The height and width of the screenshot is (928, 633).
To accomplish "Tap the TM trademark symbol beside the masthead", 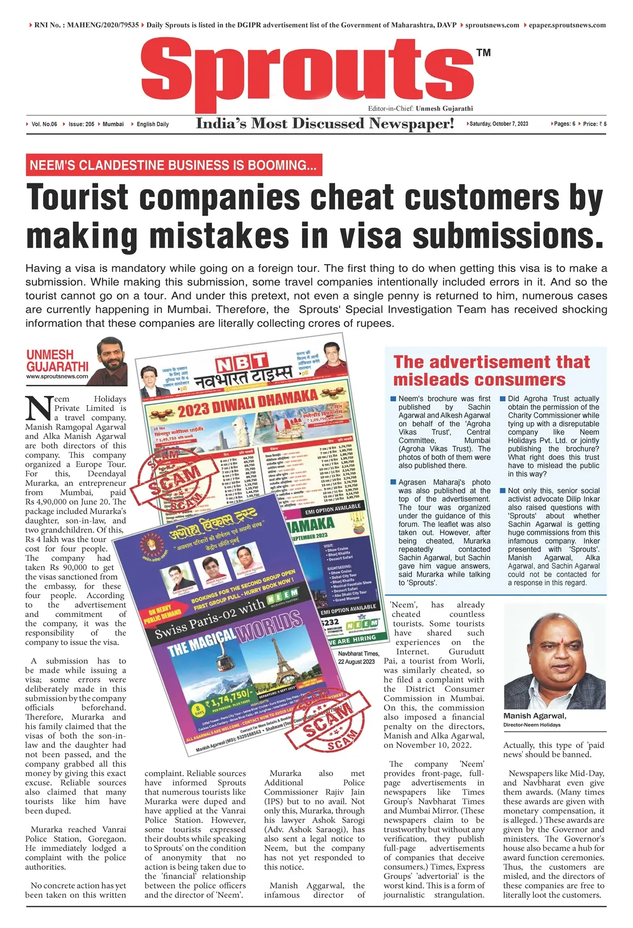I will coord(483,53).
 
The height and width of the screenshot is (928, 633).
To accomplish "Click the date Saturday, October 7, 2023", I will coord(498,124).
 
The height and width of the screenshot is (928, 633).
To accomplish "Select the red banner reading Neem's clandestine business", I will coord(174,165).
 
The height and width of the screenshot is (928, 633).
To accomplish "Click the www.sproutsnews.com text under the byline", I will coord(57,377).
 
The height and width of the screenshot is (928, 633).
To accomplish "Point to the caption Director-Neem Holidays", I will coord(532,725).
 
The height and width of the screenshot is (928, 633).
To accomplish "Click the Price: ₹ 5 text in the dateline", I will coord(594,124).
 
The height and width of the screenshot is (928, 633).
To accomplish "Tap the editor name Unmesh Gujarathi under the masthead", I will coord(444,109).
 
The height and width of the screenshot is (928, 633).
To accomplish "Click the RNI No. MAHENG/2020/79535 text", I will coord(87,25).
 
